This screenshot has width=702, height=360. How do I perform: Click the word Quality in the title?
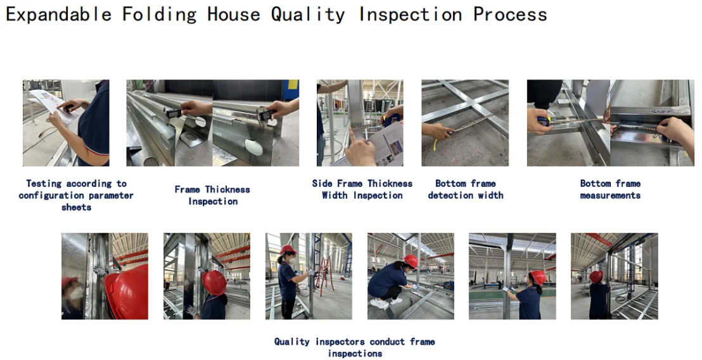pos(308,15)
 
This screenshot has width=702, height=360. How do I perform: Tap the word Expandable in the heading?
pos(58,15)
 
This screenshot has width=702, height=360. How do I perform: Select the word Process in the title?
pos(510,15)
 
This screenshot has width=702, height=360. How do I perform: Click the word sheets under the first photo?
pos(76,207)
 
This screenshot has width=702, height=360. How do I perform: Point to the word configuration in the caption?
pos(50,196)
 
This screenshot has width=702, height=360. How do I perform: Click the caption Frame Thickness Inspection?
pos(212,195)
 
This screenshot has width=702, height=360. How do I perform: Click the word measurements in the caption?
pos(610,195)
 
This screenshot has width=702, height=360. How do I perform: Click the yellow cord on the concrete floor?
pos(435,144)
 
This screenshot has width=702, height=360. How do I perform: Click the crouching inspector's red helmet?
pos(411,262)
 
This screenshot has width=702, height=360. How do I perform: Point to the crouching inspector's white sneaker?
pos(380,304)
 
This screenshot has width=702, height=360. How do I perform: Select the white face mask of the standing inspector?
pos(292,259)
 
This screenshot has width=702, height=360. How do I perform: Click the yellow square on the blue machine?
pos(293,85)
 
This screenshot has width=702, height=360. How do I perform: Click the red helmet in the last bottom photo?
pos(596,277)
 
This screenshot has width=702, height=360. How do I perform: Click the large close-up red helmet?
pos(127,292)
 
